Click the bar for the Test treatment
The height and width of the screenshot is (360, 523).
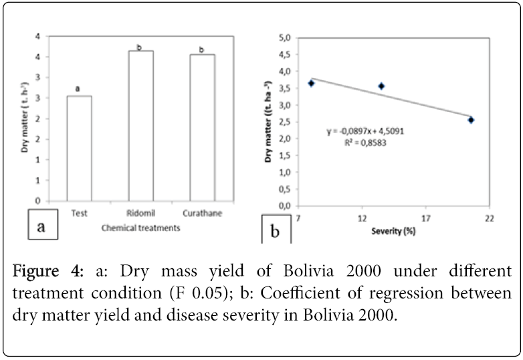(x=79, y=148)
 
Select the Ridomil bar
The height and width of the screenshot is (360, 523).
(x=140, y=126)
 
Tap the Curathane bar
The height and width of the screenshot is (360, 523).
(x=201, y=127)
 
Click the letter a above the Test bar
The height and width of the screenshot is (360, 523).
(x=78, y=88)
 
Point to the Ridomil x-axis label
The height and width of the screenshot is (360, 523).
(x=141, y=213)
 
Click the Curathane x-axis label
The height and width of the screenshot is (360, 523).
(x=201, y=213)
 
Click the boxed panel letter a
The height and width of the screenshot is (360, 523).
(x=41, y=227)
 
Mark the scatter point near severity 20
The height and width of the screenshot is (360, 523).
(x=471, y=120)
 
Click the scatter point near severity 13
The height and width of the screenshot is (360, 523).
(x=381, y=86)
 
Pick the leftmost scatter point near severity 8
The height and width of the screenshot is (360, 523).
(x=311, y=83)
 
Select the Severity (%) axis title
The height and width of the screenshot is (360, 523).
(x=393, y=232)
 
